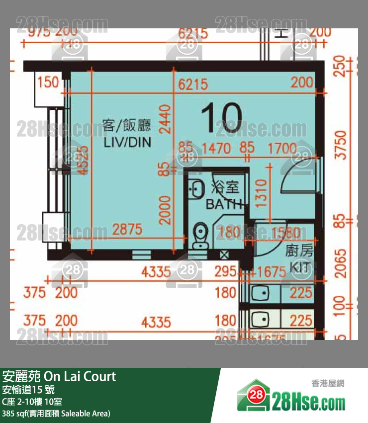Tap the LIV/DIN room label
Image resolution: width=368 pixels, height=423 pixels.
(x=127, y=143)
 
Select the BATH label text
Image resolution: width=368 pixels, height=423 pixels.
(x=224, y=203)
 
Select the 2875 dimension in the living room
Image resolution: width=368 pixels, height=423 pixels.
(x=127, y=230)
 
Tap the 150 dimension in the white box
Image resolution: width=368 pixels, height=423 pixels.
(x=48, y=82)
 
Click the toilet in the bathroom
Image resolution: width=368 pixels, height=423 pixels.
(x=201, y=234)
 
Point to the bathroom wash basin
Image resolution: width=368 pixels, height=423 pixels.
(x=197, y=188)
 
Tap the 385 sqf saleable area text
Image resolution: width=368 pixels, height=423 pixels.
(x=56, y=413)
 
